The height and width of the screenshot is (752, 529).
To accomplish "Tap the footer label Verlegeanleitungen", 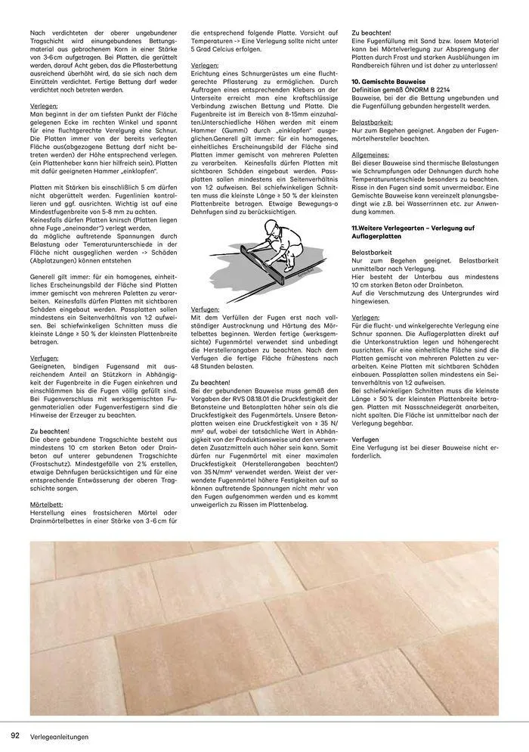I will [x=60, y=737].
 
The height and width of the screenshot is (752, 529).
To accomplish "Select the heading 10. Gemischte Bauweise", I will [x=388, y=79].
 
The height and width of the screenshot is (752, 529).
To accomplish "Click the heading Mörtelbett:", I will [x=47, y=502].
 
